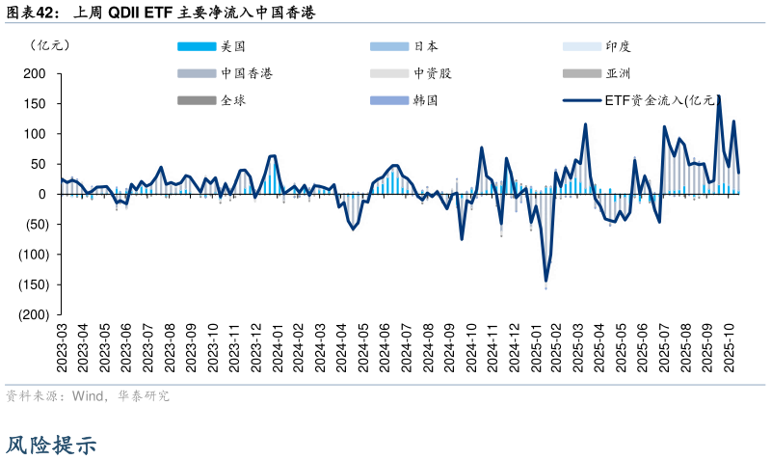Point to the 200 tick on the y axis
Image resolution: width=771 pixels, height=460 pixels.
[x=36, y=73]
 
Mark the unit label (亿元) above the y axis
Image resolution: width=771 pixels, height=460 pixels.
[x=48, y=45]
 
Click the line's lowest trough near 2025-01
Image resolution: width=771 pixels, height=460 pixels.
[x=545, y=281]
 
